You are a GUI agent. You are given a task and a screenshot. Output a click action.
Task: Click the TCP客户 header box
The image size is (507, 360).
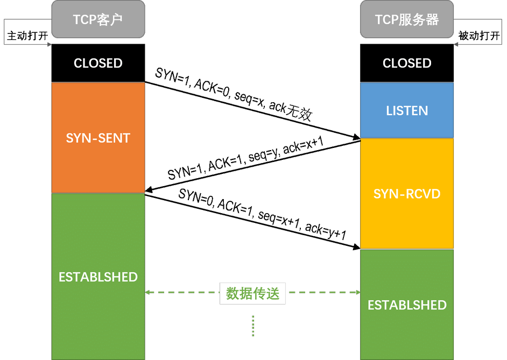point(98,19)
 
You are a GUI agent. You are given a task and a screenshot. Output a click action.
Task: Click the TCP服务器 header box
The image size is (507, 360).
point(407,19)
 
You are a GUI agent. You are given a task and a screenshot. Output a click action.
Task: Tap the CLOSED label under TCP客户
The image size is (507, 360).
point(98,63)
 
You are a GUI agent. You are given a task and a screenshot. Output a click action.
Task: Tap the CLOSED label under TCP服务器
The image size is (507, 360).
point(407,63)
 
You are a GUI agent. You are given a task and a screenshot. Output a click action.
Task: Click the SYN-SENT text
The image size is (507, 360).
point(98,138)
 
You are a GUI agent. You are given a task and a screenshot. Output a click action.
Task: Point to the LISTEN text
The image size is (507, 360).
point(407,111)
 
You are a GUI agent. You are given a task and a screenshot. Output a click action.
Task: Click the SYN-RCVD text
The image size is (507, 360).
point(407,194)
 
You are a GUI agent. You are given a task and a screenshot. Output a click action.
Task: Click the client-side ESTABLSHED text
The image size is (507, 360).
point(98,277)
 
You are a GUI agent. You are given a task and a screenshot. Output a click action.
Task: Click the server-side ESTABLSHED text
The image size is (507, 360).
point(407,305)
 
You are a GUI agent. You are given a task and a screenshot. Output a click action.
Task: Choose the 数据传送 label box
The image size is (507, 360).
point(252,293)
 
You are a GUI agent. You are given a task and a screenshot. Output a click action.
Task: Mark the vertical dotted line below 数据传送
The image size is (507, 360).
point(253,326)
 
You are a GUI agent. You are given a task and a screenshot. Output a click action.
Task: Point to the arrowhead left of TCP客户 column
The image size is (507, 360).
point(49,44)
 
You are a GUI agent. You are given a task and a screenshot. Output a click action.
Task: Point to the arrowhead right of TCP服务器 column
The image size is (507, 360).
point(456,44)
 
